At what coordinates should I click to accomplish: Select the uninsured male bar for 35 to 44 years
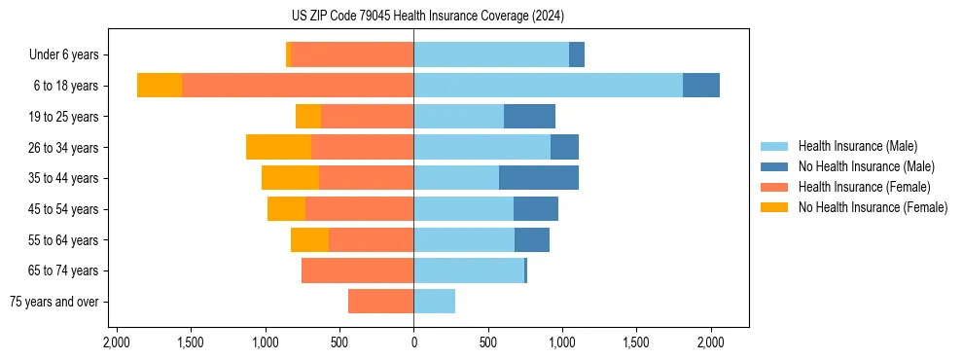tap(539, 178)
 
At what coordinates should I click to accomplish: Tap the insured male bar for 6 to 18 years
tap(548, 86)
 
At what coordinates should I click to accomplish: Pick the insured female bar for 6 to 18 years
tap(298, 86)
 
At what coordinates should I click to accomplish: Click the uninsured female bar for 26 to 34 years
tap(278, 147)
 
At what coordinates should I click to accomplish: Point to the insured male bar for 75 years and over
tap(435, 302)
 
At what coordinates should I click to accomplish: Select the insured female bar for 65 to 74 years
tap(357, 270)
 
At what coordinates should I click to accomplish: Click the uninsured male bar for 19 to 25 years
tap(529, 117)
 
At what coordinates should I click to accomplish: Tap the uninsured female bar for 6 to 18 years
tap(160, 86)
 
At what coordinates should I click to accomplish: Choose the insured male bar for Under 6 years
tap(491, 54)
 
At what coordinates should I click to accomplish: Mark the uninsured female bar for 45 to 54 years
tap(286, 209)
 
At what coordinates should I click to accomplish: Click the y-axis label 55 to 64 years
tap(63, 240)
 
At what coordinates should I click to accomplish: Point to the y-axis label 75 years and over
tap(53, 302)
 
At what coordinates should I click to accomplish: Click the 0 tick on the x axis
tap(413, 343)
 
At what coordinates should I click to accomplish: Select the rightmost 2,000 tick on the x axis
tap(711, 343)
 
